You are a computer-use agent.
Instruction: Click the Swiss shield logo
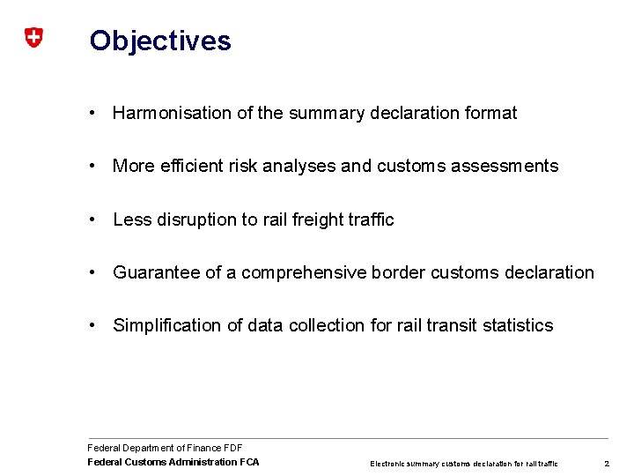[x=33, y=38]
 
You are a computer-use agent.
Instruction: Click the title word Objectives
[x=160, y=41]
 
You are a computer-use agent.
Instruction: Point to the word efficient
[x=194, y=166]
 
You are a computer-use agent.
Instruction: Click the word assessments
[x=505, y=166]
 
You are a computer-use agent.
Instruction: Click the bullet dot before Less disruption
[x=92, y=219]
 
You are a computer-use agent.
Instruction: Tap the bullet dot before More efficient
[x=92, y=166]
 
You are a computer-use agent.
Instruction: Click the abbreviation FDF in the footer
[x=232, y=448]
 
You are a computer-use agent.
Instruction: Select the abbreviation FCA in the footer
[x=249, y=462]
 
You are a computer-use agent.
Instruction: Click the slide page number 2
[x=606, y=463]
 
